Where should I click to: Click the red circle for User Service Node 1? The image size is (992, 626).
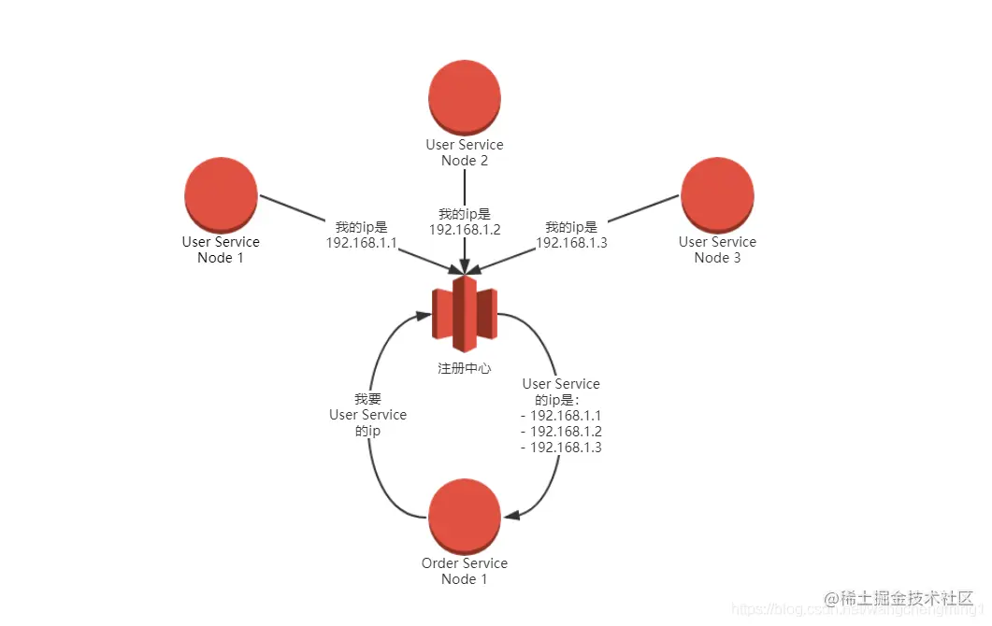tap(221, 193)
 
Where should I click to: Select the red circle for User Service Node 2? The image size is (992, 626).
tap(465, 96)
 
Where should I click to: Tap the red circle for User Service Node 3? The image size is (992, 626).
tap(717, 193)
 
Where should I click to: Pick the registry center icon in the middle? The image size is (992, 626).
tap(465, 308)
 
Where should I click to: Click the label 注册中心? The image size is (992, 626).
tap(465, 368)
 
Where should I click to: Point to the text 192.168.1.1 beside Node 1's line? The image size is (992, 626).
tap(361, 243)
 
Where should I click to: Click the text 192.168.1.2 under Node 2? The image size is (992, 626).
tap(465, 230)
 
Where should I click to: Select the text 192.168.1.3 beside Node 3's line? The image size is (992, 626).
tap(571, 243)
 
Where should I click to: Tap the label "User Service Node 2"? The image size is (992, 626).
tap(465, 152)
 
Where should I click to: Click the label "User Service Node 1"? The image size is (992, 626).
tap(221, 249)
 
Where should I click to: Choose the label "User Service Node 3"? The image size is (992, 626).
tap(717, 249)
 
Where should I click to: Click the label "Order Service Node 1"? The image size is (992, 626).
tap(465, 571)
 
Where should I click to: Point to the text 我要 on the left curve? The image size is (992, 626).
tap(367, 398)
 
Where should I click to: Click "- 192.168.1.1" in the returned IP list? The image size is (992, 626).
tap(561, 416)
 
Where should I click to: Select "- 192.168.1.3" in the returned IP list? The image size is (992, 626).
tap(561, 448)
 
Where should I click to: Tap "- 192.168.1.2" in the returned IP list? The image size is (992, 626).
tap(561, 432)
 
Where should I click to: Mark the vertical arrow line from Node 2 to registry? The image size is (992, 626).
tap(465, 187)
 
